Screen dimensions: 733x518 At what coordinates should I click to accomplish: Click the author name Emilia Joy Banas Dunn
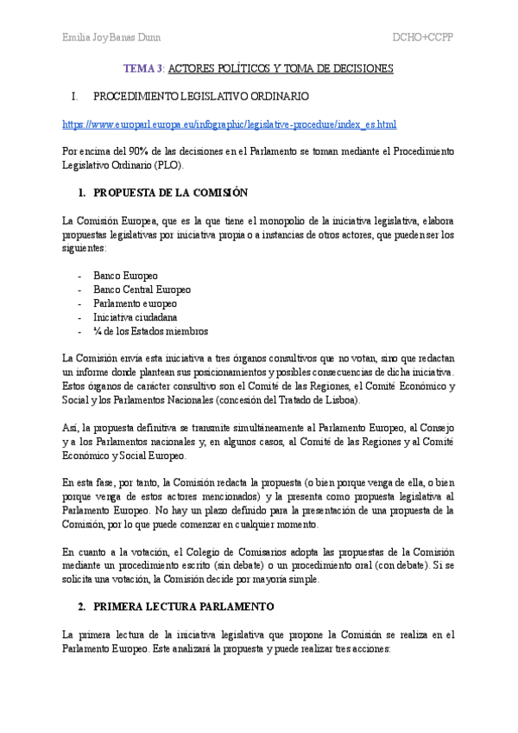pos(111,38)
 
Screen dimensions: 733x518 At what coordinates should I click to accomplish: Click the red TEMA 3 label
pos(143,68)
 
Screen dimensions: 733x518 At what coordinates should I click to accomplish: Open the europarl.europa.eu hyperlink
pos(230,124)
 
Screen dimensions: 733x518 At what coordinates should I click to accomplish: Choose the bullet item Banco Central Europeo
pos(142,290)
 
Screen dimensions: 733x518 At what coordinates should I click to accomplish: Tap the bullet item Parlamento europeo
pos(135,303)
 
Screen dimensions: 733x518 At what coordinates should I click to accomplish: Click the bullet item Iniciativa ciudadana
pos(135,317)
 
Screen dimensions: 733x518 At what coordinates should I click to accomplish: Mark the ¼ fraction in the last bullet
pos(98,331)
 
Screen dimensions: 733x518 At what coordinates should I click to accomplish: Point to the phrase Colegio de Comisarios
pos(224,551)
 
